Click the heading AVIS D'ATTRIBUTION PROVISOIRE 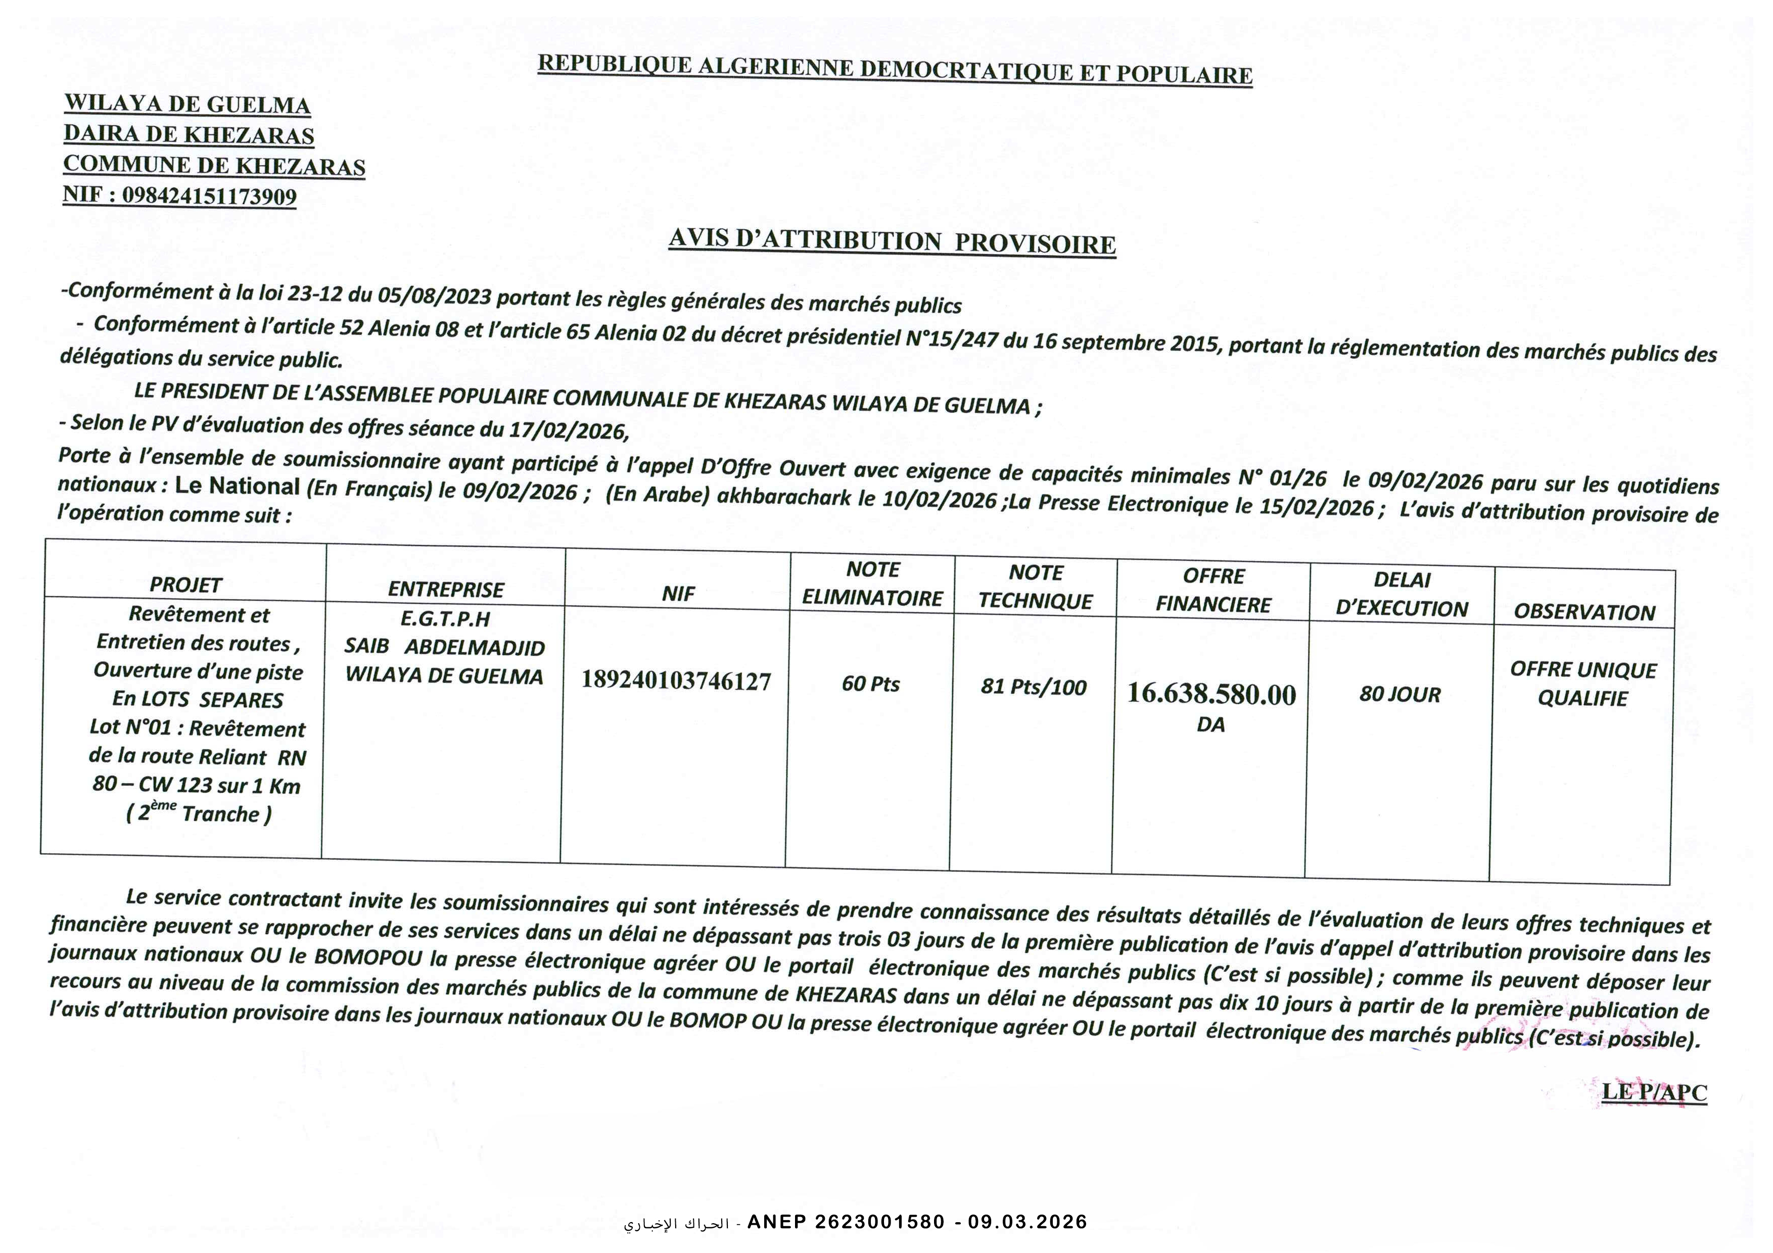(892, 241)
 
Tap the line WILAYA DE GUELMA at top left (187, 104)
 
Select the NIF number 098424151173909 (209, 196)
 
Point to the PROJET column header (185, 585)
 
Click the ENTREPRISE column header (446, 590)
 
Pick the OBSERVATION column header (1584, 612)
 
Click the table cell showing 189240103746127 (676, 681)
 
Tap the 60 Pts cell (871, 684)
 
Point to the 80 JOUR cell (1400, 695)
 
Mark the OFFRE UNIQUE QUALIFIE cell (1583, 684)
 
